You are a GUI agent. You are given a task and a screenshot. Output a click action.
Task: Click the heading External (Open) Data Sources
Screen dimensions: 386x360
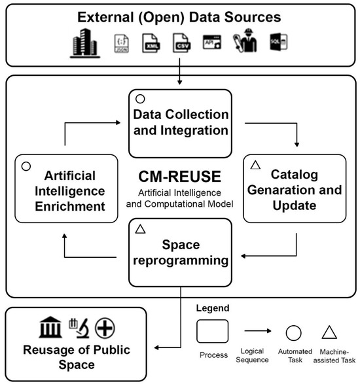pyautogui.click(x=179, y=17)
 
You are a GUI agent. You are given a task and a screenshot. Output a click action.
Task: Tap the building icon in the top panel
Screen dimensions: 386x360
pyautogui.click(x=84, y=44)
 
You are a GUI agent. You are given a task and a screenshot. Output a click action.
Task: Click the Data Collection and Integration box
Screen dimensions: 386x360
pyautogui.click(x=180, y=123)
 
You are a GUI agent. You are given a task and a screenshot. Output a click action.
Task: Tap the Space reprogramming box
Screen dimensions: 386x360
pyautogui.click(x=180, y=252)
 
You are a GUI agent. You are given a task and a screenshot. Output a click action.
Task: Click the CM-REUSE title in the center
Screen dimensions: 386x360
pyautogui.click(x=179, y=176)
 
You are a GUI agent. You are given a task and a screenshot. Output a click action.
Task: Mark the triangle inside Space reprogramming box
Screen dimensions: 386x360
pyautogui.click(x=139, y=229)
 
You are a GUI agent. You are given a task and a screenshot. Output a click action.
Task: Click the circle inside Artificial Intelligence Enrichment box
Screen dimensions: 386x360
pyautogui.click(x=26, y=166)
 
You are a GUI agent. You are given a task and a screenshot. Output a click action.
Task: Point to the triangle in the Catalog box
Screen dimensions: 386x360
pyautogui.click(x=257, y=166)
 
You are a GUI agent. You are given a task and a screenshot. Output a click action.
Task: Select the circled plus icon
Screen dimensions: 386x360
pyautogui.click(x=105, y=326)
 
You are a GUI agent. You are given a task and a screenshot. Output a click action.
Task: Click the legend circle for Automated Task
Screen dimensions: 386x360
pyautogui.click(x=293, y=332)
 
